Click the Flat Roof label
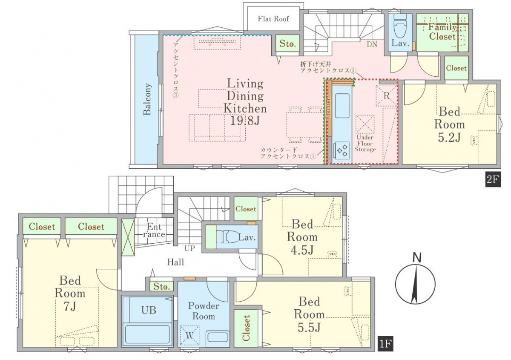pyautogui.click(x=273, y=19)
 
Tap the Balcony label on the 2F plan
pyautogui.click(x=147, y=99)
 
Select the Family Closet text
pyautogui.click(x=442, y=32)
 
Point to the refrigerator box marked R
pyautogui.click(x=386, y=96)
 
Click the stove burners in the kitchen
pyautogui.click(x=342, y=150)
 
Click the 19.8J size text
pyautogui.click(x=245, y=121)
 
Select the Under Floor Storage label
pyautogui.click(x=365, y=143)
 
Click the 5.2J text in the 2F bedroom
pyautogui.click(x=449, y=137)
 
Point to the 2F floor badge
pyautogui.click(x=493, y=180)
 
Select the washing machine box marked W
pyautogui.click(x=189, y=336)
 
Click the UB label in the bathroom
pyautogui.click(x=149, y=310)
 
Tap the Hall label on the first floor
pyautogui.click(x=175, y=262)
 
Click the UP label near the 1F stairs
pyautogui.click(x=189, y=248)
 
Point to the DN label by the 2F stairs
pyautogui.click(x=372, y=44)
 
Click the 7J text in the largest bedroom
pyautogui.click(x=70, y=306)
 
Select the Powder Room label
pyautogui.click(x=204, y=311)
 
